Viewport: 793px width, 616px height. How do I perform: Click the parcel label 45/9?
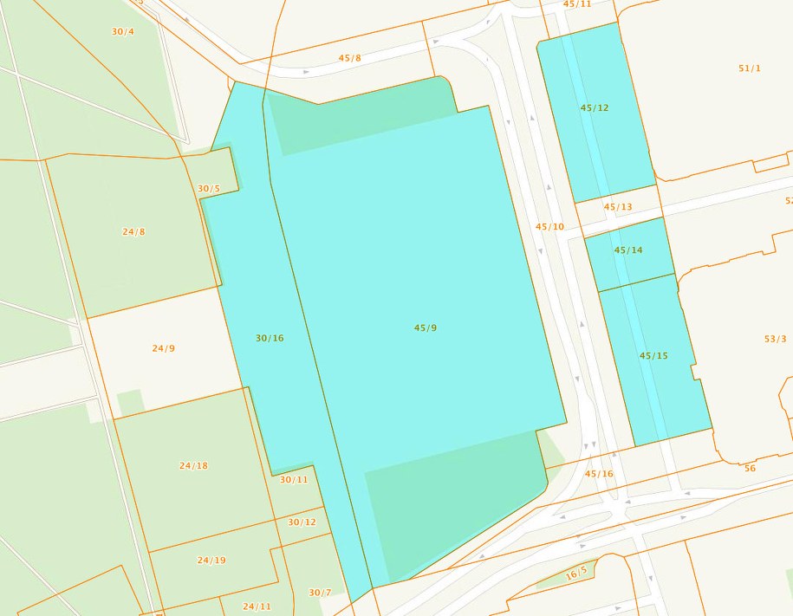coord(425,327)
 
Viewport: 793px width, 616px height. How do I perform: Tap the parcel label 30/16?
coord(270,338)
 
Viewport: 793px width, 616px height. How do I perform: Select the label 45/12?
coord(595,108)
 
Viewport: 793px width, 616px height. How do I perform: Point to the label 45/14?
coord(628,250)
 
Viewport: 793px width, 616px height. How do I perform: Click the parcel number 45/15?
coord(653,356)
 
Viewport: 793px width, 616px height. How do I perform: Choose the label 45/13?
coord(618,207)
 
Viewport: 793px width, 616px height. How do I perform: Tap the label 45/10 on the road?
coord(549,227)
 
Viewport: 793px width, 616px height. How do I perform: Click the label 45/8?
coord(350,58)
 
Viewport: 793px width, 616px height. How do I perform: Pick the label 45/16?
coord(599,474)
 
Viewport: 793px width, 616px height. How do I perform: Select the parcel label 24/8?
coord(133,232)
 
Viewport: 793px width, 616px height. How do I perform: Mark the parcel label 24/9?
coord(163,348)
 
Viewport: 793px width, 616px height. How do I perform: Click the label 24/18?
coord(193,466)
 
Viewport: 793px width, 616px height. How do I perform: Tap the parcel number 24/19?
coord(211,561)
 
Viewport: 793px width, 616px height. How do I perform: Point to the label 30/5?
coord(209,189)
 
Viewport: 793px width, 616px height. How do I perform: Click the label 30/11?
coord(294,480)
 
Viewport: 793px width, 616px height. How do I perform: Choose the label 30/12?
coord(302,522)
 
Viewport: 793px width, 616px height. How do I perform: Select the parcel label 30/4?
coord(123,32)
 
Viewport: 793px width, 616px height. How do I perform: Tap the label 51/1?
coord(750,68)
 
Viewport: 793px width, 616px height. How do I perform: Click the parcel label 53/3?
coord(775,339)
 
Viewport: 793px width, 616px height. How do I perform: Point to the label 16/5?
coord(577,572)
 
